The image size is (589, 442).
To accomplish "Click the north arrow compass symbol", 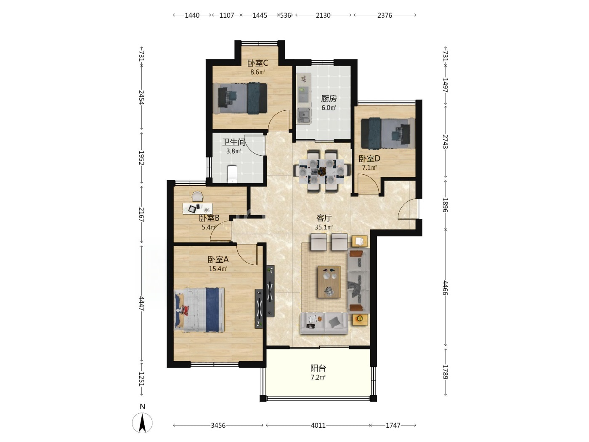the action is (142, 422).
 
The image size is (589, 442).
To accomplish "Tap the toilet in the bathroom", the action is (232, 174).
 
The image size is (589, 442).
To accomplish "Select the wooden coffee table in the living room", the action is (329, 282).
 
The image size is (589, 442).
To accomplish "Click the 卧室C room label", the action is (257, 63).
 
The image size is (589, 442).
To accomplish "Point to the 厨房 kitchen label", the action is (329, 99).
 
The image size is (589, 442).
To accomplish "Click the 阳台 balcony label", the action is (318, 368).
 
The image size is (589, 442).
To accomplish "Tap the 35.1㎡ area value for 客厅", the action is (324, 227).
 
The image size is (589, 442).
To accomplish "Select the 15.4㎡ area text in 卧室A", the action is (218, 269).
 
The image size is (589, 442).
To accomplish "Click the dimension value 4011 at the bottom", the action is (318, 425).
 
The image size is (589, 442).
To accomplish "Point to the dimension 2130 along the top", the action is (323, 15).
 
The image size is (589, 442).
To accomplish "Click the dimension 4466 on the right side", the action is (446, 288).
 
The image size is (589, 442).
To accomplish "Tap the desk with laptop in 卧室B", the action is (197, 208).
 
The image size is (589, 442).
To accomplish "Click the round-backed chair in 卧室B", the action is (197, 196).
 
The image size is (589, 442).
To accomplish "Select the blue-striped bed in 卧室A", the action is (199, 310).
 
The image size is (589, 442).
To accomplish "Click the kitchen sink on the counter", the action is (304, 116).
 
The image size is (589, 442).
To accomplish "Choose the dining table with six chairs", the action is (322, 171).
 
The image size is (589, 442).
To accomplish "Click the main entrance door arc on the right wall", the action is (407, 209).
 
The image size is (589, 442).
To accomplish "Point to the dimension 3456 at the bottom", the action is (218, 425).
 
